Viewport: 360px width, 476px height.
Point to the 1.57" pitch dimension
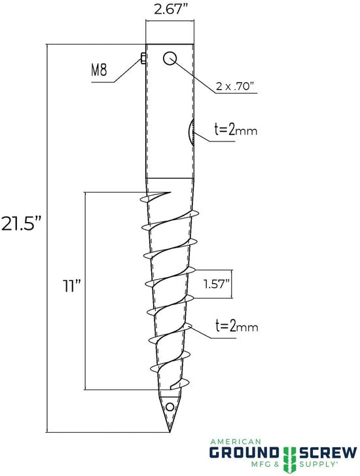[x=215, y=285]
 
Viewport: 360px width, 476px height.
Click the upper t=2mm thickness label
[x=235, y=130]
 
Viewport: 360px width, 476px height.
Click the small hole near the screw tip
[x=170, y=407]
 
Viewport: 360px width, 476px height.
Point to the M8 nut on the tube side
[x=143, y=60]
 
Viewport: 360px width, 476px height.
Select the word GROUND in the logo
[x=246, y=452]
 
